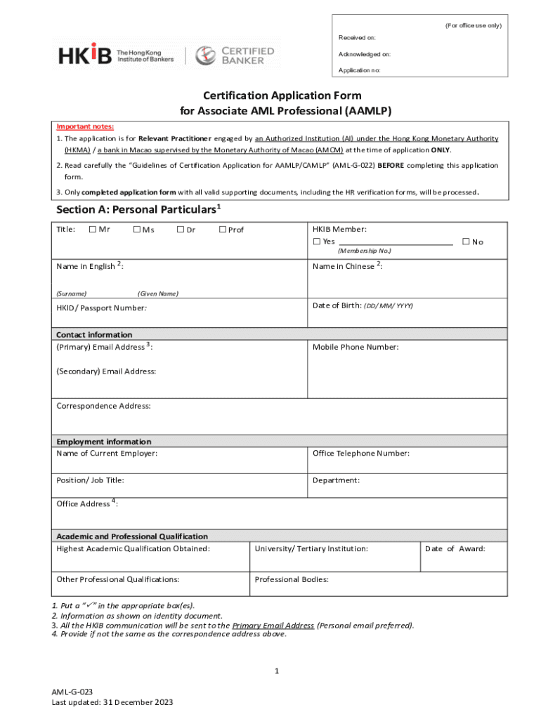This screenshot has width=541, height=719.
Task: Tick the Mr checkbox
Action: (93, 230)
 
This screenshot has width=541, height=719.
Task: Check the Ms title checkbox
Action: (136, 230)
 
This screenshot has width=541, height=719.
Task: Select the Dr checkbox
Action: (181, 230)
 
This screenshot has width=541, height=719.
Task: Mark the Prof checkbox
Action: (223, 230)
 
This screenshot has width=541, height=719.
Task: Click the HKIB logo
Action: (85, 54)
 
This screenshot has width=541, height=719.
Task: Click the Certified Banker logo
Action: (235, 55)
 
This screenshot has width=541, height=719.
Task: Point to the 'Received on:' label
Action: (357, 37)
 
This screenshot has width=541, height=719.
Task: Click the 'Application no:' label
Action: (360, 71)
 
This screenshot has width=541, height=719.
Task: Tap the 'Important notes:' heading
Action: (85, 126)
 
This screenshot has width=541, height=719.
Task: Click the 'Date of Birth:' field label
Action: (363, 305)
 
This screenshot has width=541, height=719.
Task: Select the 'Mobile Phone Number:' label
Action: (356, 347)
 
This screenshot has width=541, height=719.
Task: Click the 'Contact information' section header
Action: (94, 335)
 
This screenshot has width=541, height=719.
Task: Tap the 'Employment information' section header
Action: (103, 442)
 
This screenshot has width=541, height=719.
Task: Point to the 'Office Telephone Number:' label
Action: (361, 454)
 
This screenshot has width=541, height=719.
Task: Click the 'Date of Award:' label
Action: (455, 549)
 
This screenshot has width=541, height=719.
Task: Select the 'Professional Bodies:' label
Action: (292, 580)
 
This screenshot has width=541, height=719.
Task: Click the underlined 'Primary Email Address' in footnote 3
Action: (273, 625)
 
